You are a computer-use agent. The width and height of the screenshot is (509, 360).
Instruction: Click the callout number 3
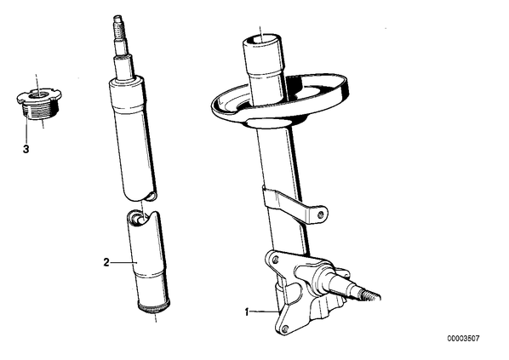(26, 149)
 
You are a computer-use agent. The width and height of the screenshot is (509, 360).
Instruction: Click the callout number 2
(106, 262)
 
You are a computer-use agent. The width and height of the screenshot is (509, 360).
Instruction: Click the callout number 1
(247, 312)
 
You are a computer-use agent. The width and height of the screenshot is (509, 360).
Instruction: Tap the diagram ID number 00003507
(463, 339)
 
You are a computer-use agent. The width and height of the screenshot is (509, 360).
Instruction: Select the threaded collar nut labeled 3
(38, 104)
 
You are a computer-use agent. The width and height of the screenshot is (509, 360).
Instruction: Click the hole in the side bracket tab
(321, 214)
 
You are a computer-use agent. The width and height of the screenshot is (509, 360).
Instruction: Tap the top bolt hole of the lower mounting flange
(275, 260)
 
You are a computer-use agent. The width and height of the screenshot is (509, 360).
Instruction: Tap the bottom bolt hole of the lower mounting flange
(285, 329)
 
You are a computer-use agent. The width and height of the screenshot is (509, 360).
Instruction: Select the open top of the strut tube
(261, 41)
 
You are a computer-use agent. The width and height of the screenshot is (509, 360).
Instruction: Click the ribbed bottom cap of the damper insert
(155, 307)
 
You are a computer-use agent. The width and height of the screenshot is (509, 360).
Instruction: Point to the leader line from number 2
(123, 262)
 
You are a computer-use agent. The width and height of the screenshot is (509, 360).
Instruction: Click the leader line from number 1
(264, 312)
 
